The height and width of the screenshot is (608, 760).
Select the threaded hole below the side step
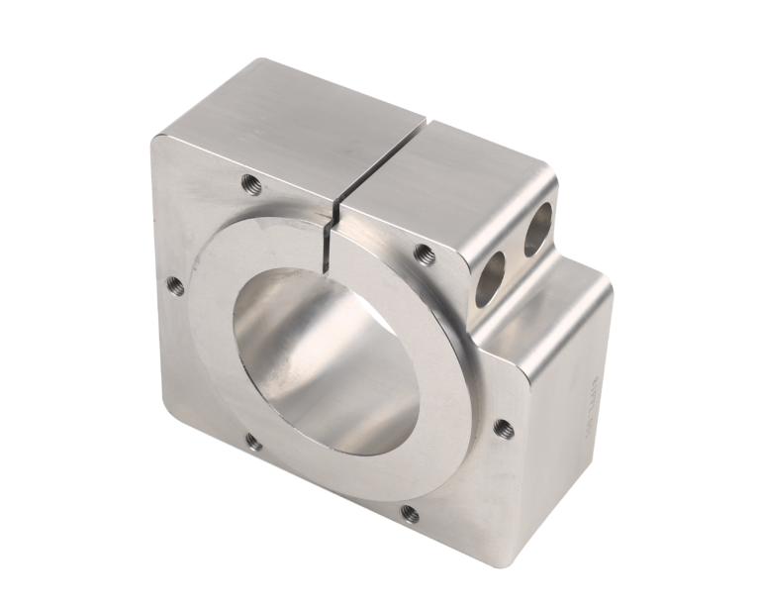pyautogui.click(x=504, y=428)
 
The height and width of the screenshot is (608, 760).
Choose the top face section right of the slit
pyautogui.click(x=455, y=178)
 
